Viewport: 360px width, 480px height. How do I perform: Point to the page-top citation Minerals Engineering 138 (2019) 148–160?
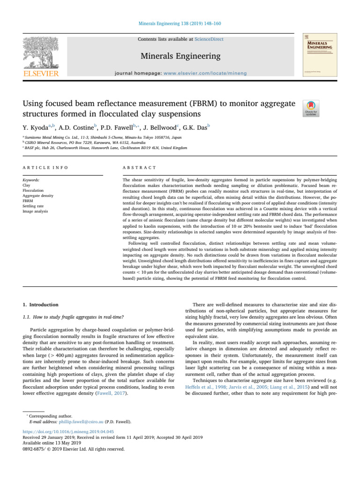click(x=180, y=22)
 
